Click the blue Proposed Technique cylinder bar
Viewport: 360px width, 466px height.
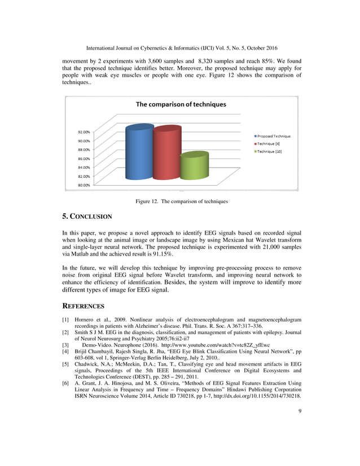point(139,153)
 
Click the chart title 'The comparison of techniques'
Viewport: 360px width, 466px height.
point(181,104)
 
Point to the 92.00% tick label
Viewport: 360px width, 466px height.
point(85,132)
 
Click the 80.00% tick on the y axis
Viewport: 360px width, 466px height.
point(85,184)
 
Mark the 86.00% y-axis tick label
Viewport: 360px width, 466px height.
point(85,159)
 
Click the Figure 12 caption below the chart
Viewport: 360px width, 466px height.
point(181,201)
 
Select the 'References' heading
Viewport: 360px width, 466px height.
point(83,306)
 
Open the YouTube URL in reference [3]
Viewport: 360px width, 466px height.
point(208,345)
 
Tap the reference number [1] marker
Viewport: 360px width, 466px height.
point(65,320)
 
